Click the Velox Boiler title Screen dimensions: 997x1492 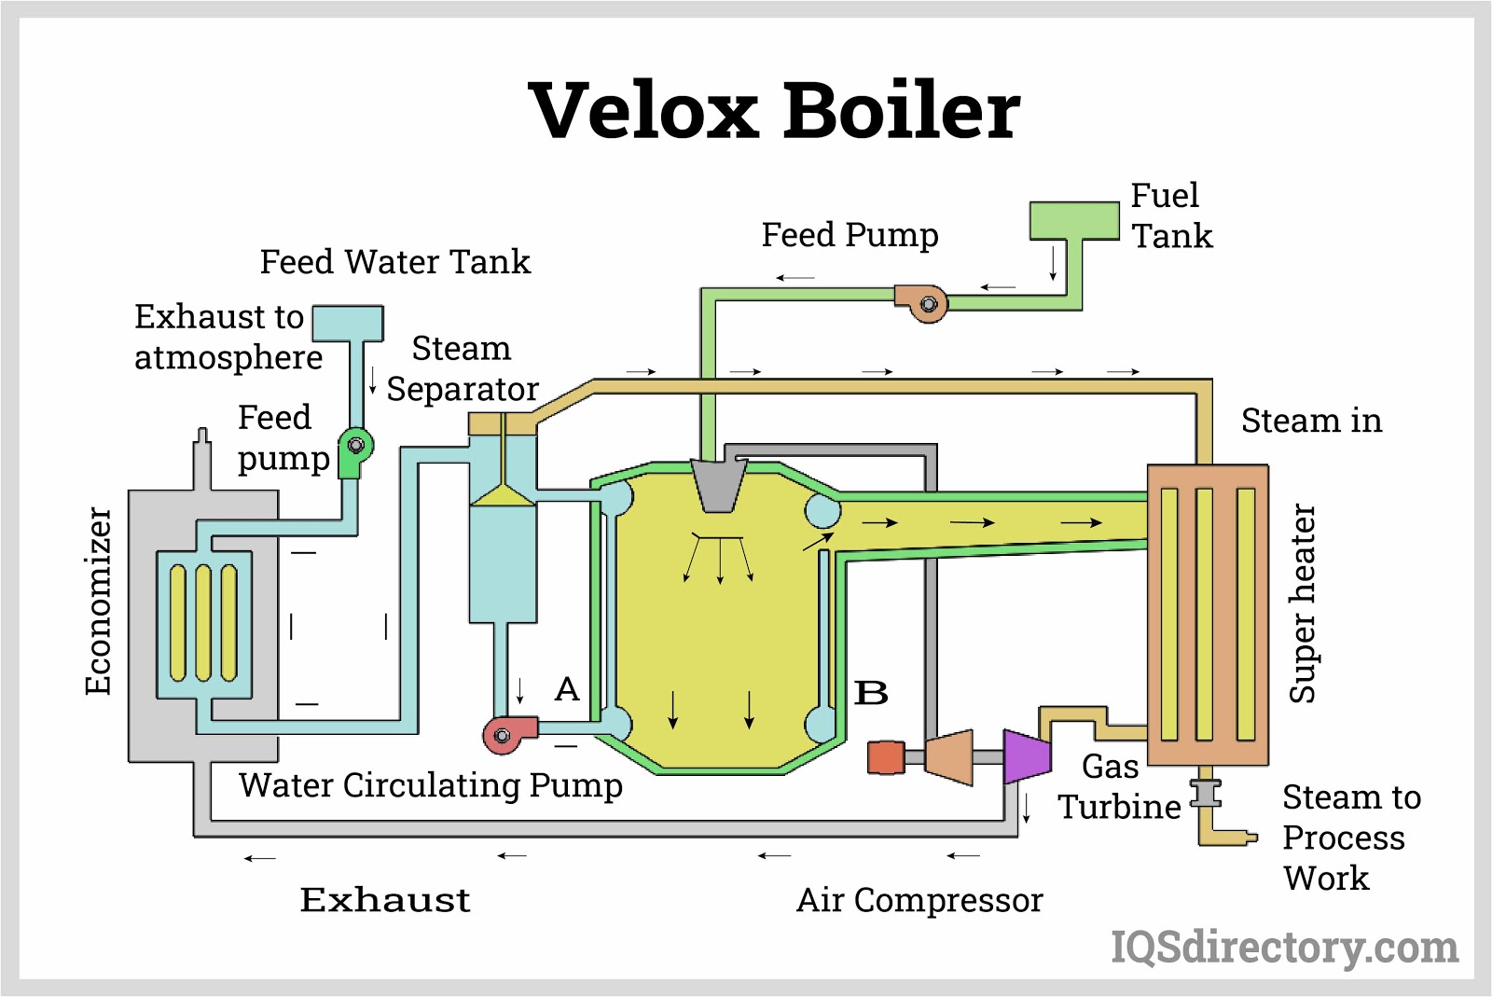pyautogui.click(x=774, y=110)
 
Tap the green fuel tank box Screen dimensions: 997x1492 pyautogui.click(x=1074, y=221)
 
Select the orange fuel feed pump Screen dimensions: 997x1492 pyautogui.click(x=923, y=303)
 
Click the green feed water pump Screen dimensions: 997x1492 pyautogui.click(x=354, y=450)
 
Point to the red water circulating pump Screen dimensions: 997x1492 pyautogui.click(x=508, y=734)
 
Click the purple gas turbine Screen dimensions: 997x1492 pyautogui.click(x=1027, y=755)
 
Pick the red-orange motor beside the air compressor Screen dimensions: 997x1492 pyautogui.click(x=886, y=757)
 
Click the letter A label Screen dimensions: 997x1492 pyautogui.click(x=567, y=689)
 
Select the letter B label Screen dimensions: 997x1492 pyautogui.click(x=871, y=693)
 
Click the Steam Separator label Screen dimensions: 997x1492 pyautogui.click(x=463, y=368)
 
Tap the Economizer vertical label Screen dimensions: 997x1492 pyautogui.click(x=98, y=601)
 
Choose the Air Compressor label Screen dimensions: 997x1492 pyautogui.click(x=919, y=900)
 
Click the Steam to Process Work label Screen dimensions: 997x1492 pyautogui.click(x=1350, y=838)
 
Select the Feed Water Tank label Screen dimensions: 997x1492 pyautogui.click(x=394, y=262)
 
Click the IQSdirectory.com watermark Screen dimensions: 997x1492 pyautogui.click(x=1284, y=948)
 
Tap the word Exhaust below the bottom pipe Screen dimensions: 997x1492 pyautogui.click(x=385, y=900)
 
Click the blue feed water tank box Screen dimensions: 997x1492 pyautogui.click(x=348, y=323)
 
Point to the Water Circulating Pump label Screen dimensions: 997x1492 pyautogui.click(x=430, y=785)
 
